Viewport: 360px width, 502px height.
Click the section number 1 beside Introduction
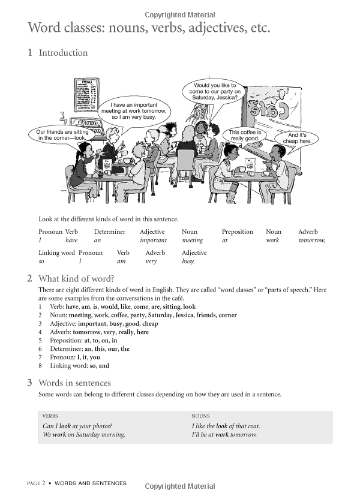[x=30, y=53]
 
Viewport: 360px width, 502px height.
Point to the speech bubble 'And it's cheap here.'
[x=297, y=139]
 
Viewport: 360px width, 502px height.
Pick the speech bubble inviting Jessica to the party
[x=215, y=92]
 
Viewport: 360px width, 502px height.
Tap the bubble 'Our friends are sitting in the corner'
[x=62, y=134]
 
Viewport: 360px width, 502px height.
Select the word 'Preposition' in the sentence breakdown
[x=238, y=232]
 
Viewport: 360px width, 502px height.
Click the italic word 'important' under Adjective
[x=153, y=241]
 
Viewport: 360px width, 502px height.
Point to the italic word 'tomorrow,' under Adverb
[x=311, y=241]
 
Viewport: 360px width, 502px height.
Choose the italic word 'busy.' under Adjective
[x=188, y=261]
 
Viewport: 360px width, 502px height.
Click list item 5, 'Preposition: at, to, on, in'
[x=83, y=340]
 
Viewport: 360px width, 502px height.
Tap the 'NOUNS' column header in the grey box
[x=200, y=416]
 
